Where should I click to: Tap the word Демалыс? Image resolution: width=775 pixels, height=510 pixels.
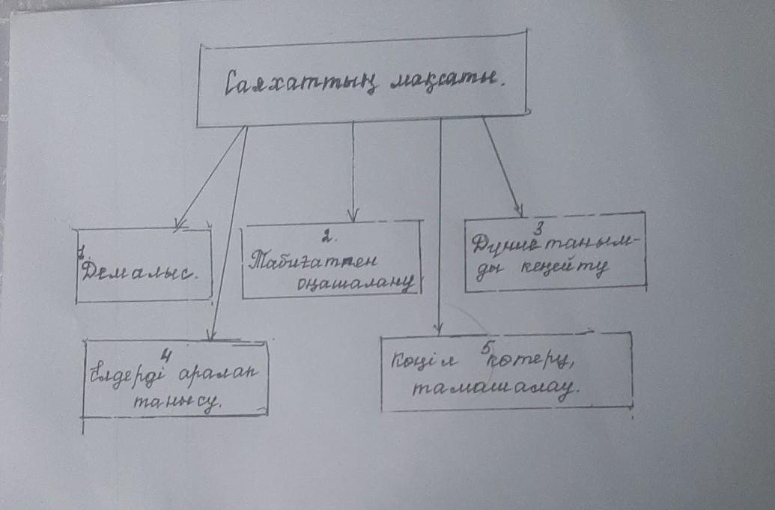pyautogui.click(x=143, y=270)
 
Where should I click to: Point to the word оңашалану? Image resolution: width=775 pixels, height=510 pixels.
pyautogui.click(x=355, y=284)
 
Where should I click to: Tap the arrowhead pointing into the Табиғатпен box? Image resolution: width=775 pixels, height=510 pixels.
pyautogui.click(x=354, y=217)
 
